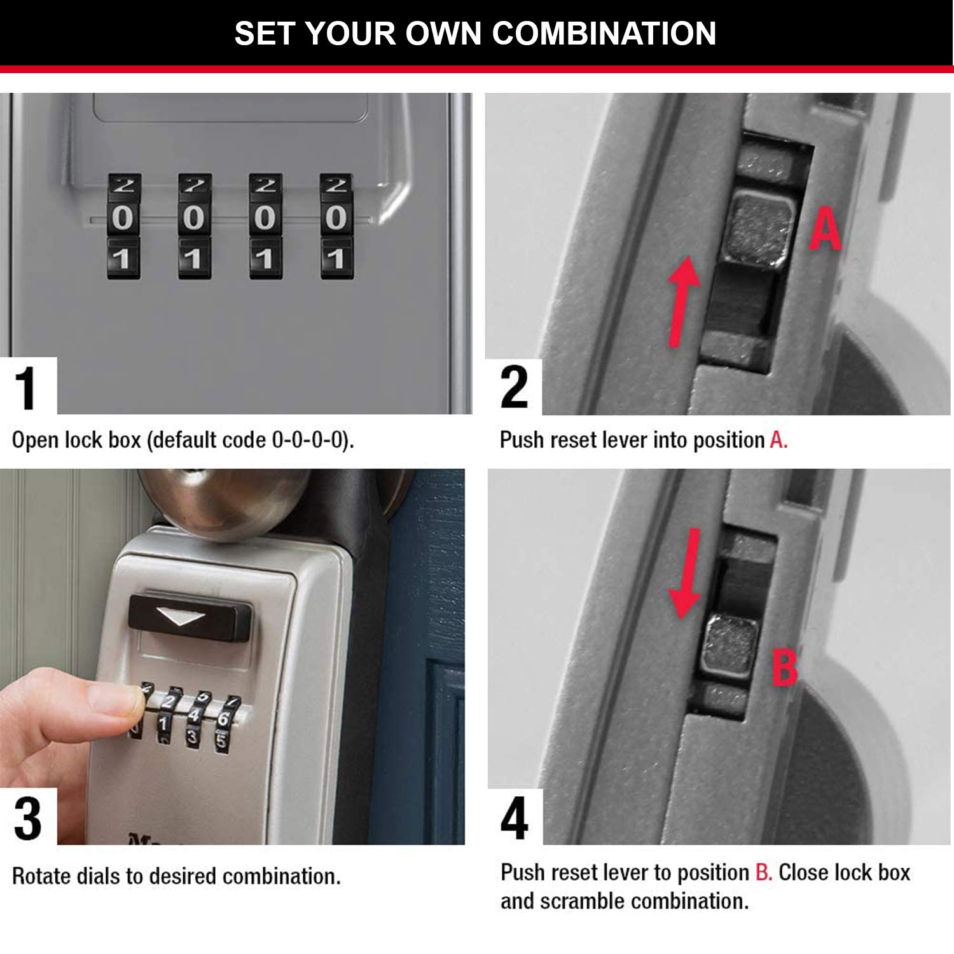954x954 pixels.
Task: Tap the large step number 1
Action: tap(26, 387)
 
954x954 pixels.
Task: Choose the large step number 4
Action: tap(515, 819)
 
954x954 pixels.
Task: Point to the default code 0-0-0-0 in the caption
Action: tap(310, 440)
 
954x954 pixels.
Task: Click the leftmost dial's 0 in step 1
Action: tap(123, 218)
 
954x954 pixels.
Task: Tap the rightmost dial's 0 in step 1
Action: tap(336, 218)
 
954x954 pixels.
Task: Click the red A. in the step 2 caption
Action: tap(778, 440)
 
